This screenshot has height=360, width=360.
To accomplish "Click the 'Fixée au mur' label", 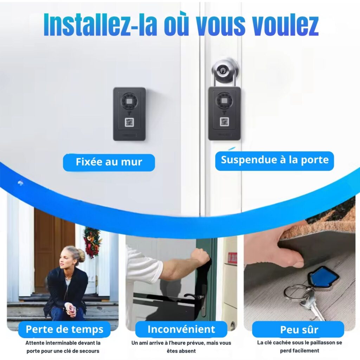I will coord(109,162).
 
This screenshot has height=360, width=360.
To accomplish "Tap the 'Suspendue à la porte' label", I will coord(275,160).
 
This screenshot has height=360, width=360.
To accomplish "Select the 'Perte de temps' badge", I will coord(65,329).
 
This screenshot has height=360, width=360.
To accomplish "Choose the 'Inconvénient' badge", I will coord(181,329).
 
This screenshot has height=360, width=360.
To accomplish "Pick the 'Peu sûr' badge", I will coord(299,330).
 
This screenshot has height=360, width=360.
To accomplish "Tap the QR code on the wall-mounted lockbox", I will coord(129,122).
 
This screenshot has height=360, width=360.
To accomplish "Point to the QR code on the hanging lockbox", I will coord(224,122).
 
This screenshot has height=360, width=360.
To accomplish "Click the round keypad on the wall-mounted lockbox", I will coord(129,101).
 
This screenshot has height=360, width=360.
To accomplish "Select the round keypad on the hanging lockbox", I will coord(224,101).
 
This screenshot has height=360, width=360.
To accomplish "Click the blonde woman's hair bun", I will coord(81,255).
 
